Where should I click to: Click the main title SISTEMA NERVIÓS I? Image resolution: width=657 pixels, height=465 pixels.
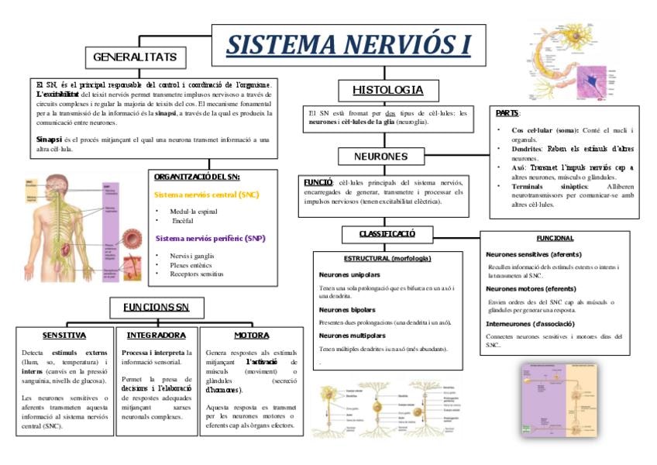pos(349,44)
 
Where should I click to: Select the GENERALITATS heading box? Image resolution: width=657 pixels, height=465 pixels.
pos(135,57)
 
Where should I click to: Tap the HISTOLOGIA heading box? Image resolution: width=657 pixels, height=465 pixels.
pos(387,90)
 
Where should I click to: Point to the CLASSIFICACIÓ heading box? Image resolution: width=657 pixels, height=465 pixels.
pos(387,233)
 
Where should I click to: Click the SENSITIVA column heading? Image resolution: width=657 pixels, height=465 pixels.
pos(64,336)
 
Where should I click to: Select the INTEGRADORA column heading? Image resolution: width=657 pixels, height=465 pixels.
pos(156,336)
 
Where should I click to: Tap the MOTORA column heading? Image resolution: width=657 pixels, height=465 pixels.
pos(252,336)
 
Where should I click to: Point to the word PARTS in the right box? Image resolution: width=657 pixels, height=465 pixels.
pos(507,113)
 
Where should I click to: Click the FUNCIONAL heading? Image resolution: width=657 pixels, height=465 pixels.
pos(555,238)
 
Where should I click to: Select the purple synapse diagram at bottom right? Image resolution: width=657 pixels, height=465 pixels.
pos(562,398)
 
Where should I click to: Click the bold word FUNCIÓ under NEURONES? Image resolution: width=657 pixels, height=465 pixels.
pos(318,181)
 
